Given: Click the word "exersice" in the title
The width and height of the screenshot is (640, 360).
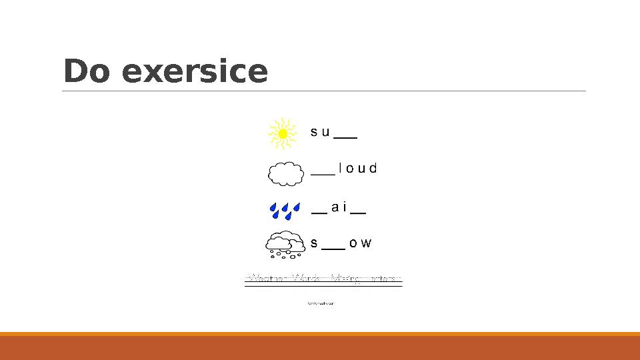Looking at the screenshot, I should (195, 72).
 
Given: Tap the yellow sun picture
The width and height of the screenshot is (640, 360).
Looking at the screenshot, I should (282, 133).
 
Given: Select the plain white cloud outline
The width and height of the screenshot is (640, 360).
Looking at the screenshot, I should (285, 173).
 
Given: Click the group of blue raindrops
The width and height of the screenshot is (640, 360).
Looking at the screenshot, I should (285, 210).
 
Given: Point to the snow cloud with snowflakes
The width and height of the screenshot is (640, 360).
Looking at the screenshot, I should (286, 245).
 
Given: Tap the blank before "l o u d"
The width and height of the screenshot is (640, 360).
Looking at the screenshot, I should (323, 173).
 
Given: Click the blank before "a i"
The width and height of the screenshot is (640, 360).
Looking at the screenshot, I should (319, 213).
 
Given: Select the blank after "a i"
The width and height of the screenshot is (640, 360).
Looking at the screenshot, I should (358, 213).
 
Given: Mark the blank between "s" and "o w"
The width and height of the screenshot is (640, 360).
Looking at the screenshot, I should (333, 247).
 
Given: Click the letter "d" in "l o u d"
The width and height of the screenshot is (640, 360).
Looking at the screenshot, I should (373, 168).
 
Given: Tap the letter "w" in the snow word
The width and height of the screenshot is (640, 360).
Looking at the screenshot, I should (366, 243).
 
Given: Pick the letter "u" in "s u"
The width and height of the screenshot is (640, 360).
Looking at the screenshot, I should (325, 132).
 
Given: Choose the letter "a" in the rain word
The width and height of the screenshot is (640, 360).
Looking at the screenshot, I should (335, 207).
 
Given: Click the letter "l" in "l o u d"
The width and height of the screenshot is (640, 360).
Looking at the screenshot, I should (341, 168).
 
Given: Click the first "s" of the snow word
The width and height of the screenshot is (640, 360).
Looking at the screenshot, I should (314, 243).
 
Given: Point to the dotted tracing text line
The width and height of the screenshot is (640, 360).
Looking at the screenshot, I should (323, 279).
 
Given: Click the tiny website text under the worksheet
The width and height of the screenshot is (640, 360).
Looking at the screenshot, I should (321, 303).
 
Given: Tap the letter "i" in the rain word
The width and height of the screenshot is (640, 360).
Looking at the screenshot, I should (345, 207).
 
